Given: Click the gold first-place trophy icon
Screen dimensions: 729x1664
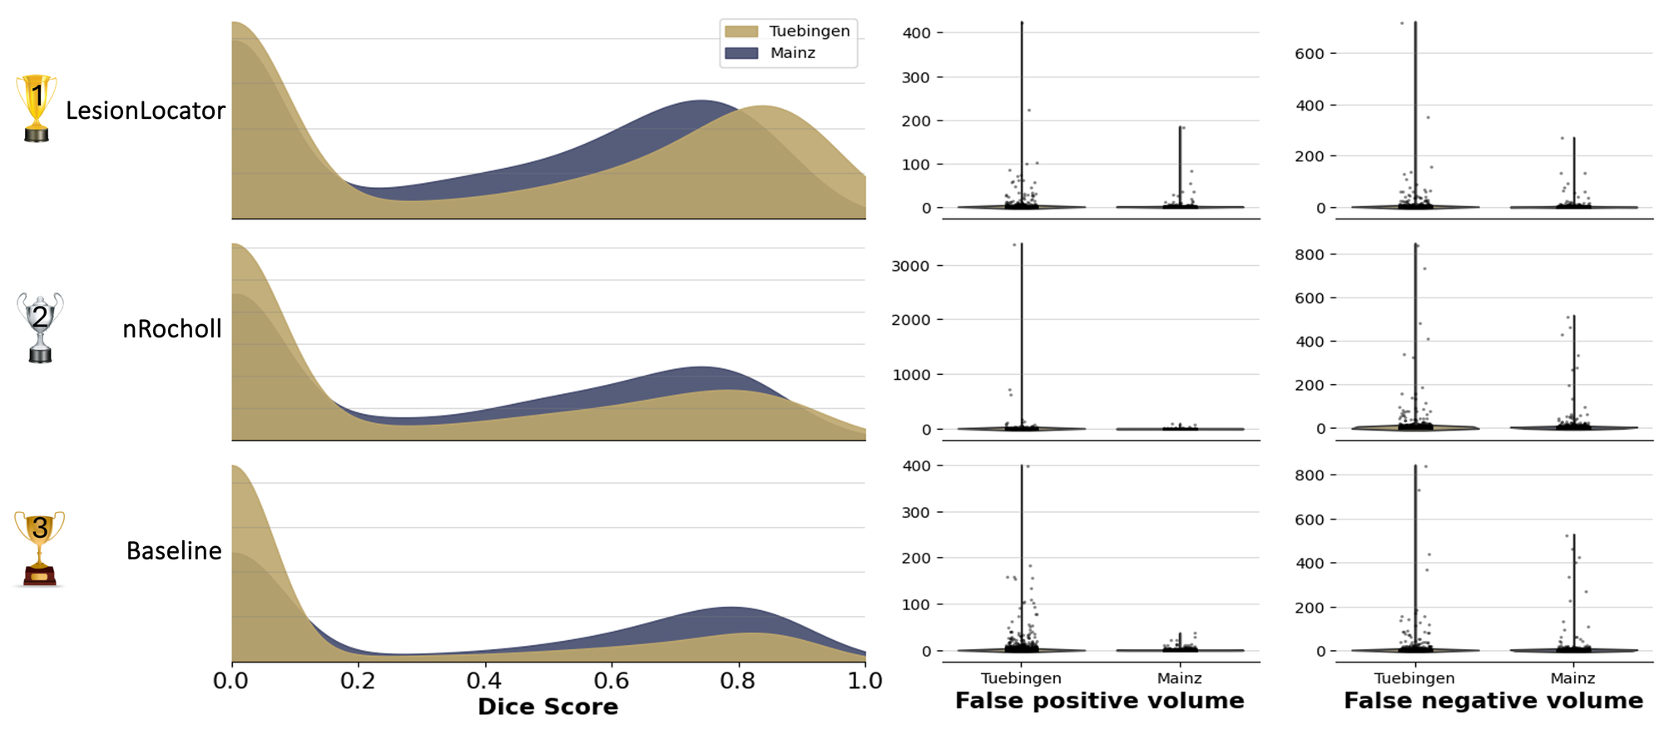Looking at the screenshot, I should (37, 107).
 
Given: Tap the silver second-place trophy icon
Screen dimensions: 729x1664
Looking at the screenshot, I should (40, 327).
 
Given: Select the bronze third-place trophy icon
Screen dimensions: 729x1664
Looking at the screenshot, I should (39, 549).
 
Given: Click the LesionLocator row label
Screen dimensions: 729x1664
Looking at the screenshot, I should (146, 111).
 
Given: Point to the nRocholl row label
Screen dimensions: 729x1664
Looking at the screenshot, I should (172, 329).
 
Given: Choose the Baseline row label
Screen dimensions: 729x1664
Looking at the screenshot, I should (174, 551).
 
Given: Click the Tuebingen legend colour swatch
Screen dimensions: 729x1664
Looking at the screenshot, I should (741, 32).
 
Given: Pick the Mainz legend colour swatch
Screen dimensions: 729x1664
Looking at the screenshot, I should (741, 53).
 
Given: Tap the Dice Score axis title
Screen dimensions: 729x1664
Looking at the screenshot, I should (547, 707).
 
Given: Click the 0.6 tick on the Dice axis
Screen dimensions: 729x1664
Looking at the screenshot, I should (612, 681).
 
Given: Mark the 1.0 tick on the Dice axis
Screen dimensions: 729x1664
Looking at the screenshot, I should (864, 681).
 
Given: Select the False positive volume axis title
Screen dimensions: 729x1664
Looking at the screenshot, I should (1099, 701).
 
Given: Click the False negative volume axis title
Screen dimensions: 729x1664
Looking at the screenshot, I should (1493, 701).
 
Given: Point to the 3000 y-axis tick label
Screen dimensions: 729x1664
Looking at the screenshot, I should (910, 266).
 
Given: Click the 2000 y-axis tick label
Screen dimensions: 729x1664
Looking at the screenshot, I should (910, 320).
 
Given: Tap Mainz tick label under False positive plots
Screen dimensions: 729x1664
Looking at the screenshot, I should (1179, 678).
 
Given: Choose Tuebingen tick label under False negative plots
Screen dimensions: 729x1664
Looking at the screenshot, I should (1414, 678).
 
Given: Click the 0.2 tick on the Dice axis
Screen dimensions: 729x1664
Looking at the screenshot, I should (358, 681).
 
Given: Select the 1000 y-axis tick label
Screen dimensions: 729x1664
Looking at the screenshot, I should (910, 375).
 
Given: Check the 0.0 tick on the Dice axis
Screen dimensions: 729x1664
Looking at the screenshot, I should (231, 681).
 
